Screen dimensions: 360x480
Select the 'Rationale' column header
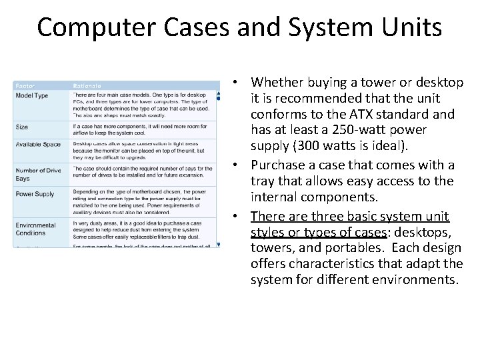[87, 85]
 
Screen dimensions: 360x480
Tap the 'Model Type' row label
[32, 95]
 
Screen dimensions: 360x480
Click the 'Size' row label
[22, 127]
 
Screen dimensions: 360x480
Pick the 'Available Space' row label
[38, 145]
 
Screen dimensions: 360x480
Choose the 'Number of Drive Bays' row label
[38, 175]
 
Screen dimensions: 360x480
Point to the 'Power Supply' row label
[35, 194]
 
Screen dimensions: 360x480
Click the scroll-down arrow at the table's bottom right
[218, 245]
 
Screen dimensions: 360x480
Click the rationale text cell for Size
[143, 129]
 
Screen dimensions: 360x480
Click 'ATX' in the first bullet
[374, 114]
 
